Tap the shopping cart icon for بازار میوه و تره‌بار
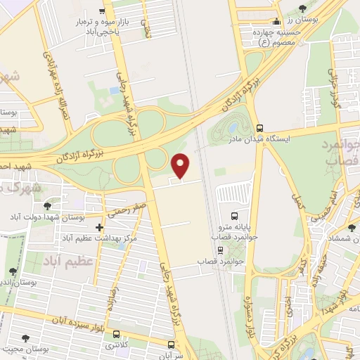pyautogui.click(x=103, y=11)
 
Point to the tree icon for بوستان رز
pyautogui.click(x=302, y=9)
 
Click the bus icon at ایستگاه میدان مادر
pyautogui.click(x=260, y=128)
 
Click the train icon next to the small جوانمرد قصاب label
pyautogui.click(x=221, y=248)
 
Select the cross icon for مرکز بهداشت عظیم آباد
pyautogui.click(x=99, y=227)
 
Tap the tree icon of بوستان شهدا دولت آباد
pyautogui.click(x=47, y=206)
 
